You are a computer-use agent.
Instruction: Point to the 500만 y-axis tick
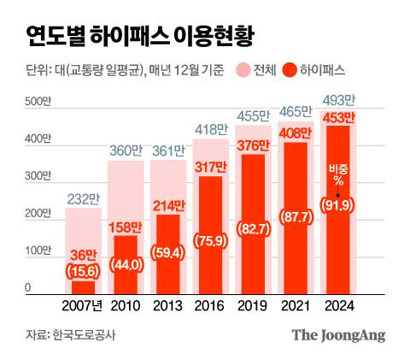(x=38, y=103)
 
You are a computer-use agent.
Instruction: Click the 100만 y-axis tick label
(x=38, y=251)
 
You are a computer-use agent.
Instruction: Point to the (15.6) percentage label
(x=83, y=272)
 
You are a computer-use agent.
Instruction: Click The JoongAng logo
(x=339, y=334)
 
